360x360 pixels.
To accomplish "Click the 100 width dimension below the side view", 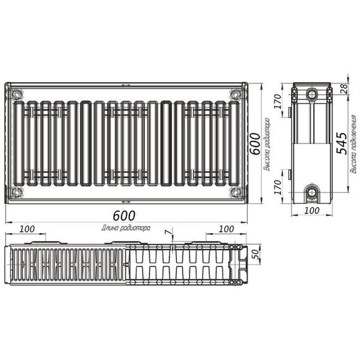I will (x=312, y=210).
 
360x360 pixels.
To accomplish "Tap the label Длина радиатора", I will (x=125, y=227).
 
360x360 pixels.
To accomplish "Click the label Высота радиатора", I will (x=267, y=145).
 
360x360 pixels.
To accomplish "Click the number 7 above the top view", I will (x=167, y=233).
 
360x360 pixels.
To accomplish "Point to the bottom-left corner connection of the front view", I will (x=17, y=191).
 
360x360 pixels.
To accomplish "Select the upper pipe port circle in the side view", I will (x=312, y=95).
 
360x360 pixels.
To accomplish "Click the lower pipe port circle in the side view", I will (x=312, y=191).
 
